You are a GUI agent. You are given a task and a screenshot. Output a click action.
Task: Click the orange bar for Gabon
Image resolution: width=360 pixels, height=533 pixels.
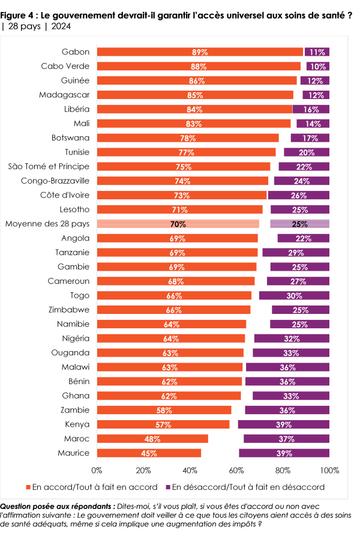[x=200, y=52]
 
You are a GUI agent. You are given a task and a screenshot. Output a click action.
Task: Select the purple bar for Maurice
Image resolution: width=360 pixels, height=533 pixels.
[x=284, y=453]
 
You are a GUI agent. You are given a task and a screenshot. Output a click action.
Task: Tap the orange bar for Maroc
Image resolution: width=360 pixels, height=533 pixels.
[x=152, y=439]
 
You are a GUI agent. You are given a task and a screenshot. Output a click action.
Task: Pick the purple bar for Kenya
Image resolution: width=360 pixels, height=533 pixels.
[x=284, y=424]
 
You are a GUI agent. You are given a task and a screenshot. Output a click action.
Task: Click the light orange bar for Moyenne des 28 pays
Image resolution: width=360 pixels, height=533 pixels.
[x=178, y=224]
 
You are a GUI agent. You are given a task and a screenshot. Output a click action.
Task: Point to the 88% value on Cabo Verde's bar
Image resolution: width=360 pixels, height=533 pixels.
[x=199, y=67]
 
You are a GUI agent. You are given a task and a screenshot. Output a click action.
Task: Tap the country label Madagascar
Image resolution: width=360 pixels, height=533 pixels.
[x=64, y=95]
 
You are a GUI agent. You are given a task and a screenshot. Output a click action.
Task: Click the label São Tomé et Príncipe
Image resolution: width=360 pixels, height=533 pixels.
[x=49, y=166]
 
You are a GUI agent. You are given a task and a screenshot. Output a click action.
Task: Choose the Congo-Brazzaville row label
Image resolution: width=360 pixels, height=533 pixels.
[x=55, y=181]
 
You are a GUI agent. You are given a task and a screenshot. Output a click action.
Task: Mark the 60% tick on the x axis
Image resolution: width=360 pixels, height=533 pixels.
[x=236, y=469]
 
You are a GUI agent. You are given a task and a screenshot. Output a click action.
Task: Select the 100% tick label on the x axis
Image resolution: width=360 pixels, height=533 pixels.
[x=329, y=469]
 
